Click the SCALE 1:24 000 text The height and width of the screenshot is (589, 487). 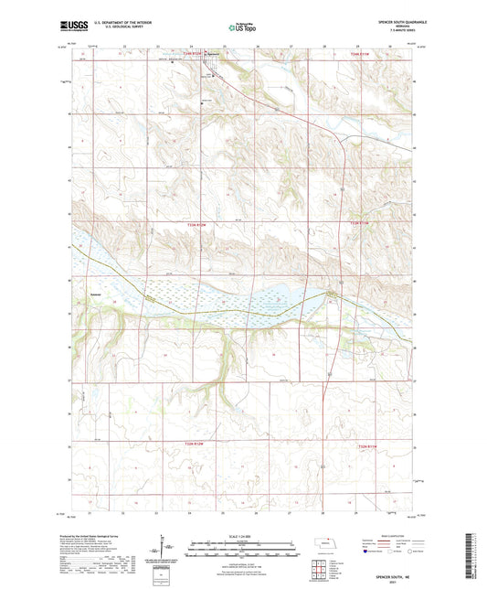coord(242,535)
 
